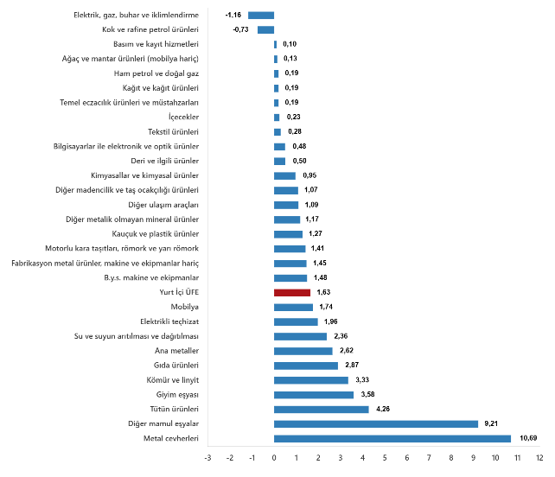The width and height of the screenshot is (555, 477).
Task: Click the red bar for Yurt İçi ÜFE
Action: point(291,293)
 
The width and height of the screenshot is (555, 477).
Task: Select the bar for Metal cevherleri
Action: point(392,438)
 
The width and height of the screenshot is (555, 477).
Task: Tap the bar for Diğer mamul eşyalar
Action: point(375,423)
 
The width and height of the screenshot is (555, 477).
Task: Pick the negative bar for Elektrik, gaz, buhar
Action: point(261,15)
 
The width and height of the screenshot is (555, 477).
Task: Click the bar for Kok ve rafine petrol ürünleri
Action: point(265,29)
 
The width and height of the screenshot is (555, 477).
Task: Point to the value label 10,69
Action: point(528,438)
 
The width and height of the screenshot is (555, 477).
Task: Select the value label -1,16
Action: point(233,15)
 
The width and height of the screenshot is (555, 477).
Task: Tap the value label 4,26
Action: point(384,409)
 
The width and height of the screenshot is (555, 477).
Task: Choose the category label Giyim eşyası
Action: point(175,394)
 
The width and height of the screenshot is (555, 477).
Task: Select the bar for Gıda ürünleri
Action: point(305,366)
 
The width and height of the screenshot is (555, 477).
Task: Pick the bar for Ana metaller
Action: point(303,351)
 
